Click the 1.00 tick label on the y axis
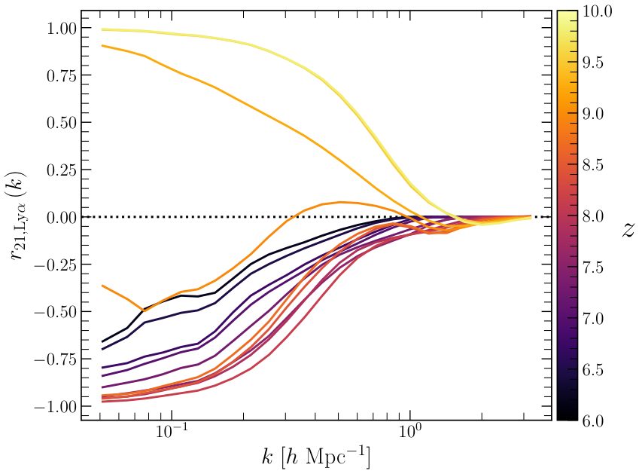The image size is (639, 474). tap(61, 29)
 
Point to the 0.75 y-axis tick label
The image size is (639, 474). tap(61, 76)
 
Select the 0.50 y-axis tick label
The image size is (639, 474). tap(61, 123)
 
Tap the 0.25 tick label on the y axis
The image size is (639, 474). tap(61, 170)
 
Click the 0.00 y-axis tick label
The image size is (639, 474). tap(61, 218)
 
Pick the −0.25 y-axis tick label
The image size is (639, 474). tap(55, 265)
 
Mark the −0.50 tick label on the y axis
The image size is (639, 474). tap(55, 313)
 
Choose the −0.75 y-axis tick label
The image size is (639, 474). tap(55, 359)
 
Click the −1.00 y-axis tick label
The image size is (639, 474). tap(55, 407)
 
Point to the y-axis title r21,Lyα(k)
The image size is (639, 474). tap(19, 217)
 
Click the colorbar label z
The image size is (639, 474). tap(628, 231)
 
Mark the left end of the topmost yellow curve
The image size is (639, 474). tap(102, 29)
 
